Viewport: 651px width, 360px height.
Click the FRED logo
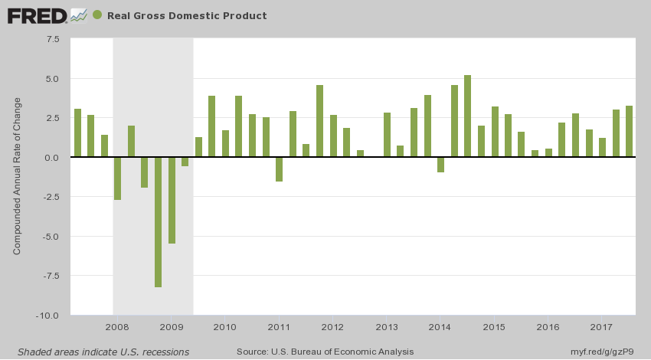pyautogui.click(x=35, y=15)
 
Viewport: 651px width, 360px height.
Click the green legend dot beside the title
pyautogui.click(x=97, y=15)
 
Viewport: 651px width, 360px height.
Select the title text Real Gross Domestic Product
pyautogui.click(x=187, y=15)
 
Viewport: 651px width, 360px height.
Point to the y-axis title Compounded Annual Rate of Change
pyautogui.click(x=17, y=175)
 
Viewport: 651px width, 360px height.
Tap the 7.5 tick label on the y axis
pyautogui.click(x=53, y=39)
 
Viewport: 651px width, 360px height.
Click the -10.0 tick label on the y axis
pyautogui.click(x=50, y=315)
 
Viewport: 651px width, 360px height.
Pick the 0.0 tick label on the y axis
pyautogui.click(x=53, y=157)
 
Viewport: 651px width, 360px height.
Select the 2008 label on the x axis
pyautogui.click(x=116, y=328)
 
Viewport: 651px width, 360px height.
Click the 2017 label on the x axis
pyautogui.click(x=602, y=328)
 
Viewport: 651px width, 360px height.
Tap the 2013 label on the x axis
pyautogui.click(x=387, y=328)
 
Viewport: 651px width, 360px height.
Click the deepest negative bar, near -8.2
pyautogui.click(x=159, y=222)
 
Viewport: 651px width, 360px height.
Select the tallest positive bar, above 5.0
pyautogui.click(x=468, y=116)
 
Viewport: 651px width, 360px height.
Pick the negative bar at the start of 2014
pyautogui.click(x=440, y=164)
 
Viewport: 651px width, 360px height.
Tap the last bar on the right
pyautogui.click(x=630, y=131)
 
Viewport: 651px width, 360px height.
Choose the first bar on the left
pyautogui.click(x=77, y=133)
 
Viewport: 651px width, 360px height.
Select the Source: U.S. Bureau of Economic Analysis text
pyautogui.click(x=325, y=352)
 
